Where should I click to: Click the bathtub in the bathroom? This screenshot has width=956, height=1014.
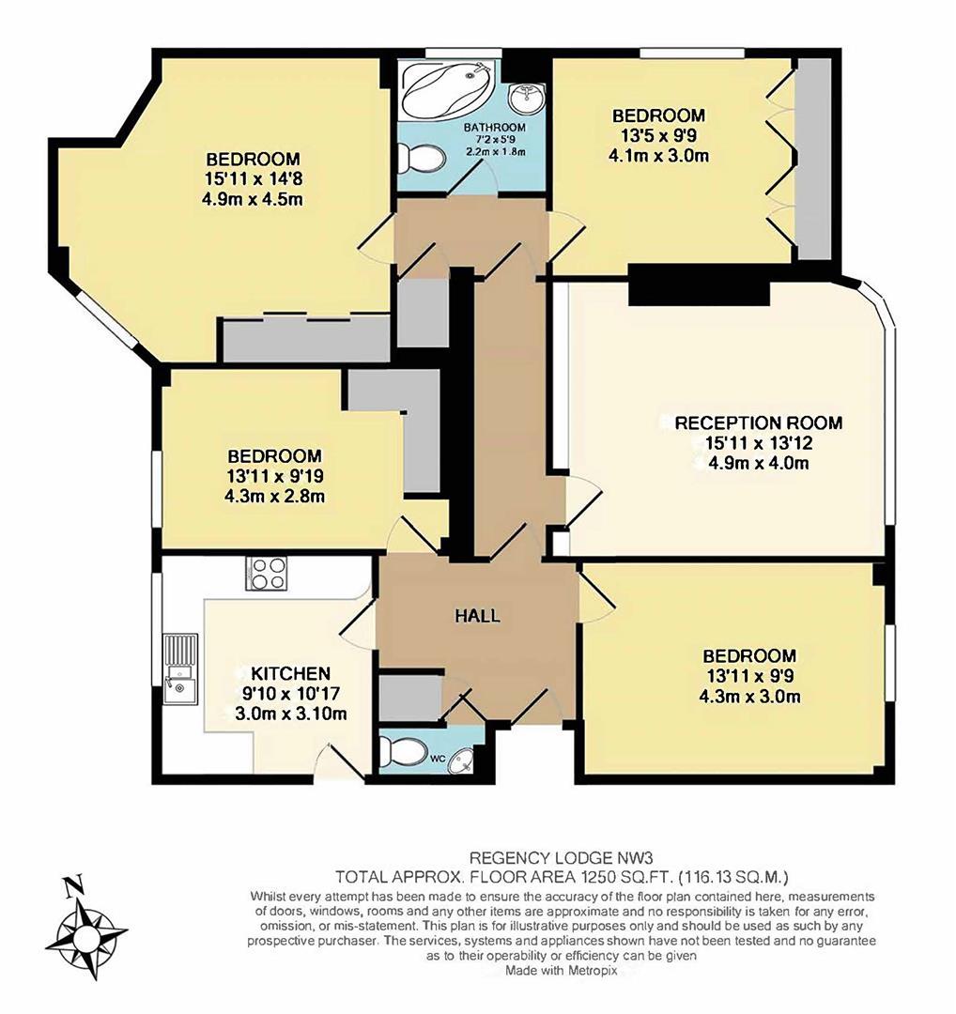click(x=447, y=89)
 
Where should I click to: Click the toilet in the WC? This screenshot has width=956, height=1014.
click(x=403, y=750)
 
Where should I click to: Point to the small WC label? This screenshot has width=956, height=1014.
click(x=438, y=757)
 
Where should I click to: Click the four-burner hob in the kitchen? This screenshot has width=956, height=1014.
click(x=266, y=573)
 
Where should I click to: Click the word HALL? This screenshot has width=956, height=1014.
click(x=477, y=617)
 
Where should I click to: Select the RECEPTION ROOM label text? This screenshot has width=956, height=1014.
click(x=759, y=422)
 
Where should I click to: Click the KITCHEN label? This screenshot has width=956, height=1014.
click(x=290, y=673)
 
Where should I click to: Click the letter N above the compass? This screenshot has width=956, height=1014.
click(x=71, y=885)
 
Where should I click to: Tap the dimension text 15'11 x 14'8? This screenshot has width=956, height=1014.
click(x=253, y=178)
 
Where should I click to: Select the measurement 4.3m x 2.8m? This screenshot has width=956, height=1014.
click(x=274, y=497)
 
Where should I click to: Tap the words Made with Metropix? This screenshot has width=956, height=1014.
click(x=561, y=972)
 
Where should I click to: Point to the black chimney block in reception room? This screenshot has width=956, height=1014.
click(x=699, y=284)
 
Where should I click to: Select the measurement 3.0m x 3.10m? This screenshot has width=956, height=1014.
click(x=290, y=714)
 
